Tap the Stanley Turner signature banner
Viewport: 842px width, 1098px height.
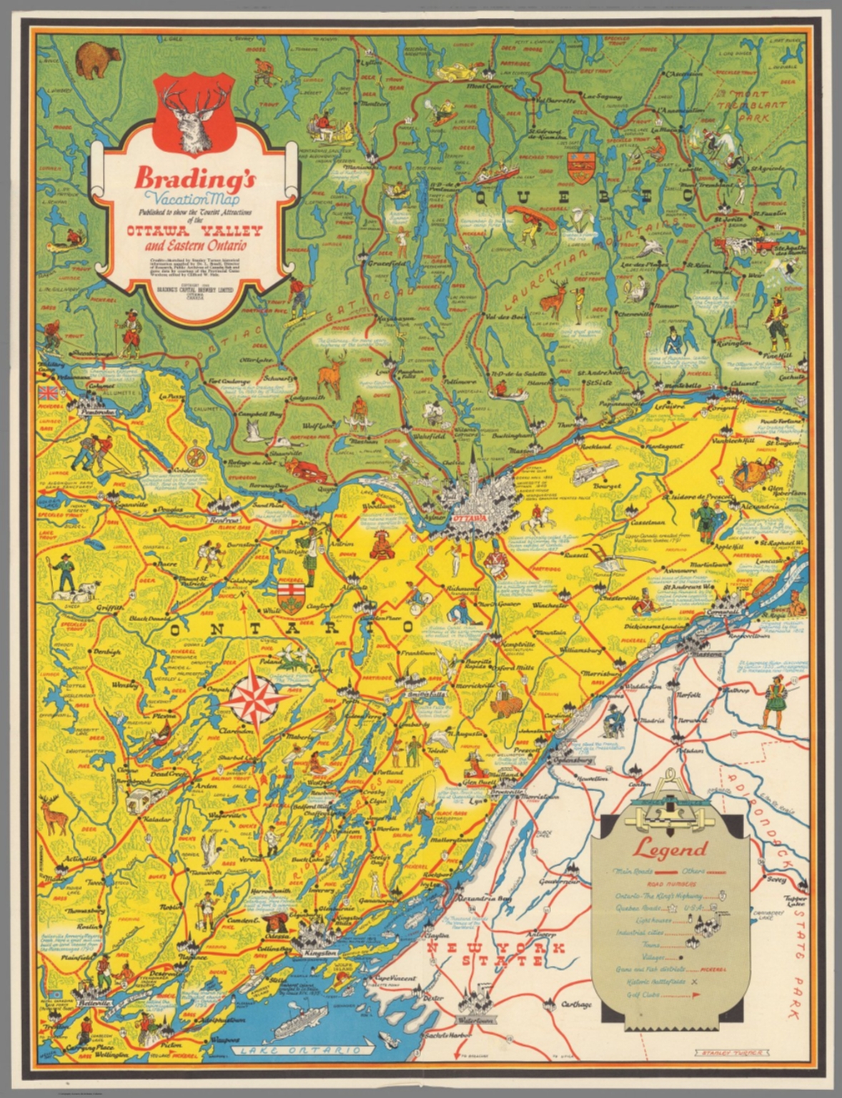click(x=725, y=1053)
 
